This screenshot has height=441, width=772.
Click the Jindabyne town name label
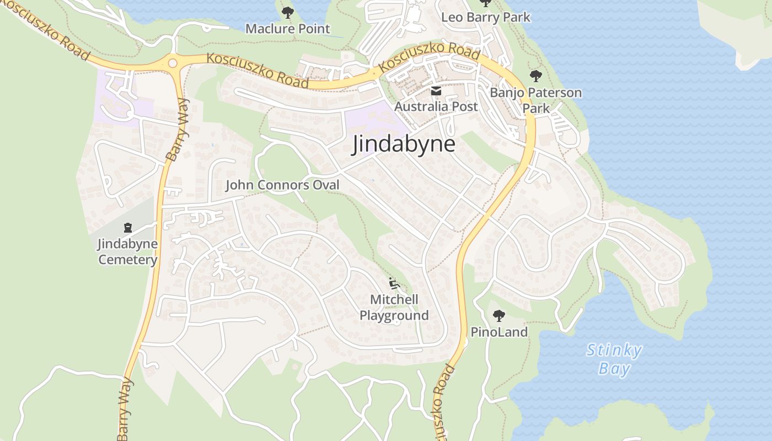click(404, 144)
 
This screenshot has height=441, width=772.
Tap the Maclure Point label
click(287, 29)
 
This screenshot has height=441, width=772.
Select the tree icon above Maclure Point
click(287, 12)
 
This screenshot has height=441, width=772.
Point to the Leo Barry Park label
click(485, 17)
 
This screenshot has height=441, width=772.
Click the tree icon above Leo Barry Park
click(485, 3)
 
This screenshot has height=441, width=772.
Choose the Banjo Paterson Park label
click(536, 100)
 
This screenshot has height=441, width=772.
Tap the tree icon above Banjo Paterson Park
click(535, 76)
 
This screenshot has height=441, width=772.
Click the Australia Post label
click(436, 106)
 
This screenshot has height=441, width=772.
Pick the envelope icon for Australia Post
click(436, 91)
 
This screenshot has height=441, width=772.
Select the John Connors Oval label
click(282, 185)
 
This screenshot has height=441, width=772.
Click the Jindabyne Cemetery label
click(127, 251)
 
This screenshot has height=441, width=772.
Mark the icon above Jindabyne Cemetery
click(128, 227)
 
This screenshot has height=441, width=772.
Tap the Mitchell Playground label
click(394, 308)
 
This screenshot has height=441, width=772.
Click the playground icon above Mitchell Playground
click(394, 283)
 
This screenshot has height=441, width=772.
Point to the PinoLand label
click(499, 332)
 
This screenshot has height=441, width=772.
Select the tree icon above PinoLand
click(499, 316)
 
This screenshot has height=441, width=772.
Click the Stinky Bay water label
click(614, 359)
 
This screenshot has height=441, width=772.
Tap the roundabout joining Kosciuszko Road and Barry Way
click(173, 63)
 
